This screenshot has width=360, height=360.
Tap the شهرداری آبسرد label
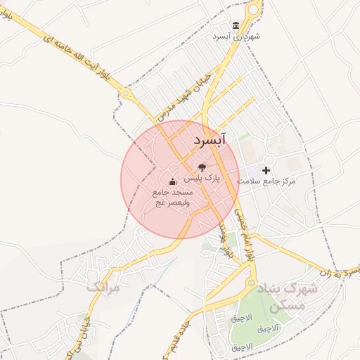tap(236, 36)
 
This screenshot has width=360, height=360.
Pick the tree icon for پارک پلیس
tap(202, 167)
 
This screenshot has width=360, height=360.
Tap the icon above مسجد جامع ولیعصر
tap(172, 183)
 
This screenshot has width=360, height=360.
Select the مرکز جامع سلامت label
tap(266, 181)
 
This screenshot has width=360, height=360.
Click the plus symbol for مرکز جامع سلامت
tap(266, 170)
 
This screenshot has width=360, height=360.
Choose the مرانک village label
tap(103, 287)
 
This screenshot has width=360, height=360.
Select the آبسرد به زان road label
tap(339, 274)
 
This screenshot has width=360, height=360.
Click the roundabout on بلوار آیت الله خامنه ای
tap(127, 92)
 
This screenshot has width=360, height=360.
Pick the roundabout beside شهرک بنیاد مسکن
tap(251, 284)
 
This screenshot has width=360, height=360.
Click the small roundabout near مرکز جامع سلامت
tap(269, 157)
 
